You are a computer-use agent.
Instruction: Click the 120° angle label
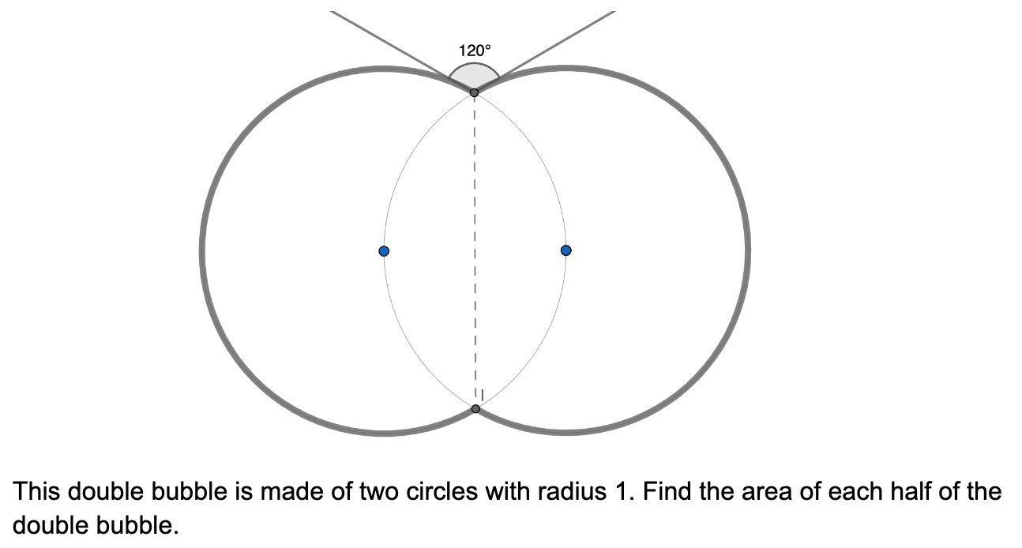click(x=475, y=51)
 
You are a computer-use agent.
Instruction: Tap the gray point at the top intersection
click(x=474, y=93)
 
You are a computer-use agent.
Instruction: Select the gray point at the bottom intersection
click(x=475, y=408)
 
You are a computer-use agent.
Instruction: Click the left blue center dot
click(x=384, y=251)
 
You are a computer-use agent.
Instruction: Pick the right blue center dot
click(x=565, y=250)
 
